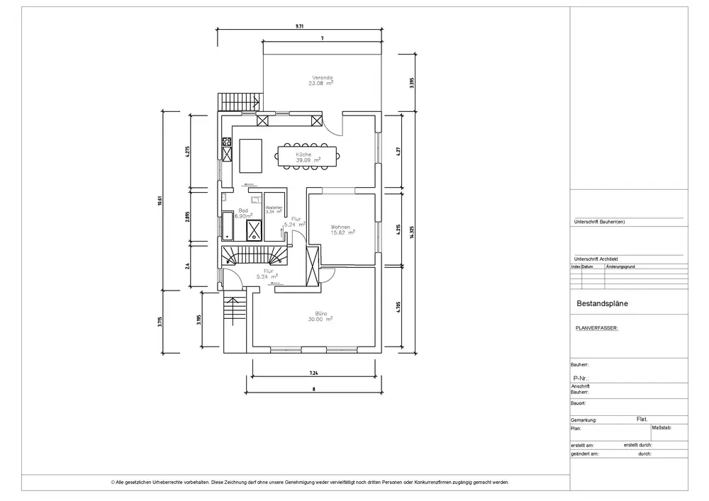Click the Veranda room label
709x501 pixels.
(x=322, y=77)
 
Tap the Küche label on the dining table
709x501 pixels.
(x=304, y=154)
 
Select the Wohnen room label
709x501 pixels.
(x=340, y=227)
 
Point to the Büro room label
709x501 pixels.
(x=320, y=313)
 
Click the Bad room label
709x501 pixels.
(x=243, y=210)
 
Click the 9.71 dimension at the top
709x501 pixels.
(x=299, y=26)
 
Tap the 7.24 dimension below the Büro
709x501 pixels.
(x=313, y=373)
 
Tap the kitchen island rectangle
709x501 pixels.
(x=250, y=156)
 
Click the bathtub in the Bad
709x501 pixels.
(x=227, y=225)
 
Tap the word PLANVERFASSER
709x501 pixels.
(x=597, y=328)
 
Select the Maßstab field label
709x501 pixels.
(x=661, y=427)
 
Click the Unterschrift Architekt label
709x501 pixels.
(x=596, y=259)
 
